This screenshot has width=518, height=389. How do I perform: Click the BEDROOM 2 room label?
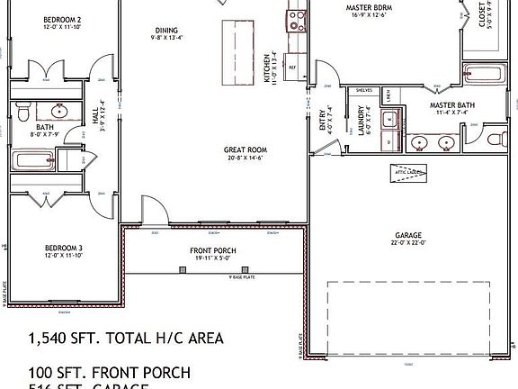[x=60, y=19]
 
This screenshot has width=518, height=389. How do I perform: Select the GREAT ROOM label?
[x=246, y=150]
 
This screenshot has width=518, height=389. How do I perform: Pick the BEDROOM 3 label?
[x=62, y=247]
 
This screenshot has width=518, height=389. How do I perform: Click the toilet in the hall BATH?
[x=24, y=112]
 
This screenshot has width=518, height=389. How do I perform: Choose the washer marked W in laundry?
[x=389, y=119]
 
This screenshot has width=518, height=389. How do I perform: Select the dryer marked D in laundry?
[x=389, y=140]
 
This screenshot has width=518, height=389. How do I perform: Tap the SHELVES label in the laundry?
[x=364, y=90]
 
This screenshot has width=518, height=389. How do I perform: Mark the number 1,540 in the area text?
[x=50, y=339]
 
